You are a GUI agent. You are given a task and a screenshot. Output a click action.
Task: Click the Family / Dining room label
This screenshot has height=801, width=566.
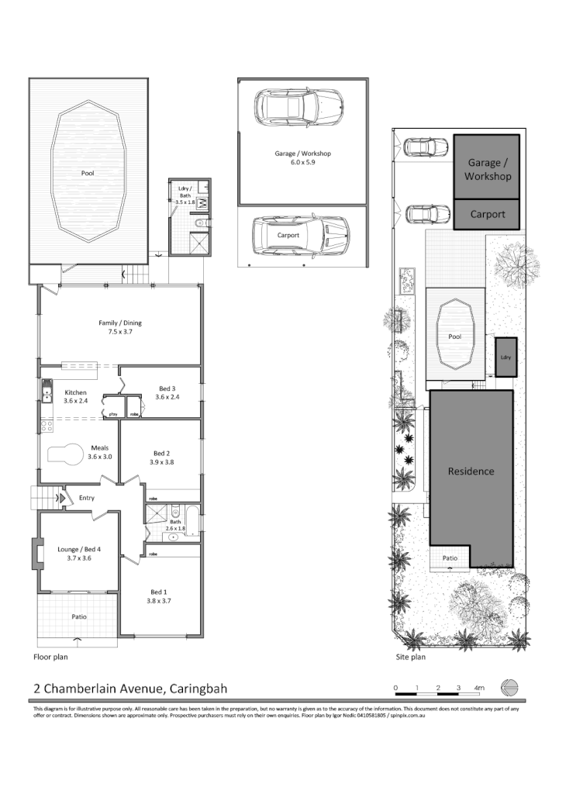pyautogui.click(x=120, y=323)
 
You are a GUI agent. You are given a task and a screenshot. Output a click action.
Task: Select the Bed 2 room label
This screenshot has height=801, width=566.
pyautogui.click(x=161, y=453)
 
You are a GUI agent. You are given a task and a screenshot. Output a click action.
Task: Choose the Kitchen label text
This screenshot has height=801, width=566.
pyautogui.click(x=75, y=392)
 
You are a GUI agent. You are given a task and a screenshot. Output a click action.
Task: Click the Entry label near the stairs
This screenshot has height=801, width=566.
pyautogui.click(x=87, y=498)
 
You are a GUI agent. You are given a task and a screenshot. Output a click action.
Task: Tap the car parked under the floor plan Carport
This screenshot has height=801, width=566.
pyautogui.click(x=299, y=235)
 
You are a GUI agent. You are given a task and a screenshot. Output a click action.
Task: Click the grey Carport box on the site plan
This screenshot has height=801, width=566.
pyautogui.click(x=487, y=215)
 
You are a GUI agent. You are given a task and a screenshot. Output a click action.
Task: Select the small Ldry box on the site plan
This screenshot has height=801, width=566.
pyautogui.click(x=506, y=357)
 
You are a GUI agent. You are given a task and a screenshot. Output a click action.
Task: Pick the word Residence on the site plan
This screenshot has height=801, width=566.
pyautogui.click(x=471, y=471)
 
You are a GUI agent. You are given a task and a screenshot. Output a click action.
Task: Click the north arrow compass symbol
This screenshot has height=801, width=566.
pyautogui.click(x=509, y=687)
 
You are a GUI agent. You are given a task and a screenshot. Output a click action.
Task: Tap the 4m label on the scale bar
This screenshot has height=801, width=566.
pyautogui.click(x=479, y=688)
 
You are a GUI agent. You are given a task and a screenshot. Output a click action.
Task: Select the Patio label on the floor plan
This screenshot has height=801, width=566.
pyautogui.click(x=79, y=616)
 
